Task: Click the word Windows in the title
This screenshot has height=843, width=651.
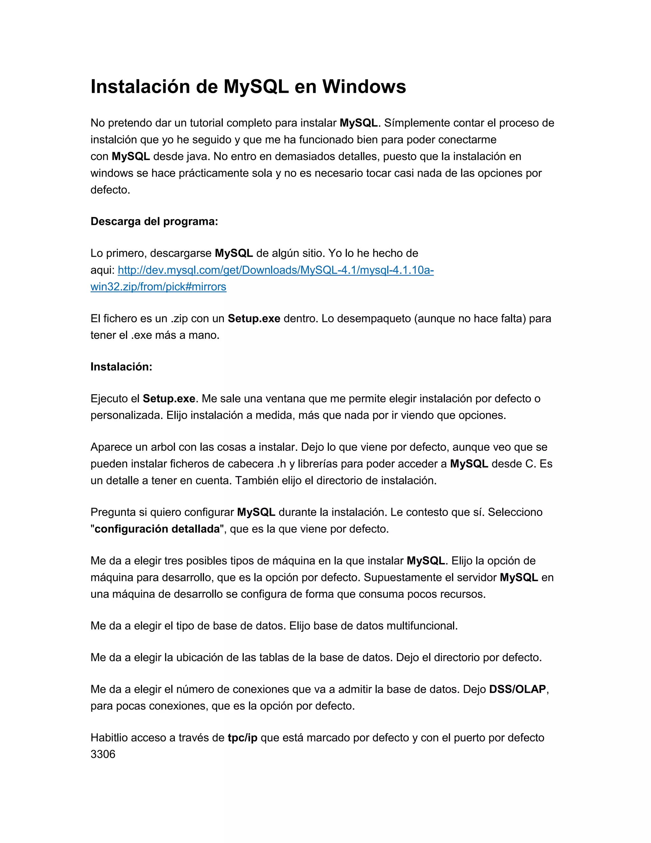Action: click(x=364, y=87)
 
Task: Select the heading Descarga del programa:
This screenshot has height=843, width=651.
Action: click(x=154, y=221)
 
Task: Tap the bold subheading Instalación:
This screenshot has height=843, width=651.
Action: click(x=121, y=367)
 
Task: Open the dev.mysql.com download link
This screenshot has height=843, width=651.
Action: click(x=275, y=270)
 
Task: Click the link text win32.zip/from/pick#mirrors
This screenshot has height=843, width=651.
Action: click(x=158, y=287)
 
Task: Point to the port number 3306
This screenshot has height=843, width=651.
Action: click(x=103, y=754)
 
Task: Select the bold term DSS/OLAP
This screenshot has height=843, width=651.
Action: click(x=517, y=689)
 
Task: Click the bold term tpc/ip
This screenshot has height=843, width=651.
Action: click(x=242, y=738)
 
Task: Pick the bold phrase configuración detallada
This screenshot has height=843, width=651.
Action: click(x=157, y=529)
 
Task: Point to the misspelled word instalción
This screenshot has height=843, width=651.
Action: click(x=113, y=140)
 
